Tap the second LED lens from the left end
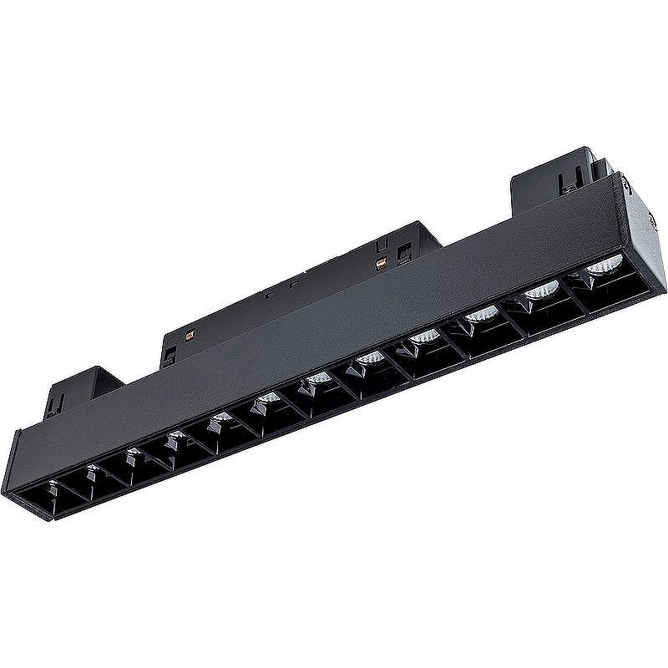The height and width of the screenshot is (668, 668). coord(92,469)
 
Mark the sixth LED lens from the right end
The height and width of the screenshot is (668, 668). coord(316,381)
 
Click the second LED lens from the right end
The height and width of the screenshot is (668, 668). coord(542,290)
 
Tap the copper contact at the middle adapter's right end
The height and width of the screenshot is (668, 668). coord(382,266)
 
